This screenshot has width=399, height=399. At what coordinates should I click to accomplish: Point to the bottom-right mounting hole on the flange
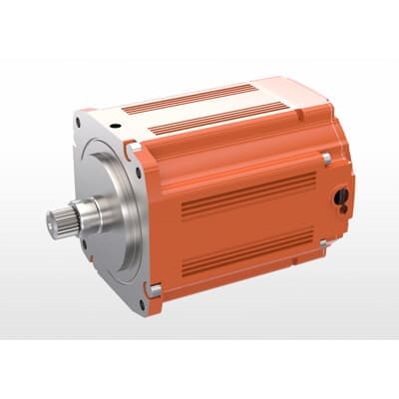(x=148, y=288)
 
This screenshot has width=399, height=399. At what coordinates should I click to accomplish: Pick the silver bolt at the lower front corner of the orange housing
(x=155, y=290)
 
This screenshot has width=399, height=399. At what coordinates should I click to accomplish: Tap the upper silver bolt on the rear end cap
(x=325, y=158)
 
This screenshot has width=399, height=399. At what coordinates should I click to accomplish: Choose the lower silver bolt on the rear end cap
(x=323, y=243)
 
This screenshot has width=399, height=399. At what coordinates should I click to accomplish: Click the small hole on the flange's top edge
(x=118, y=128)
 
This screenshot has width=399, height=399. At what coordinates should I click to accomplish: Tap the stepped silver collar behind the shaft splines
(x=96, y=213)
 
